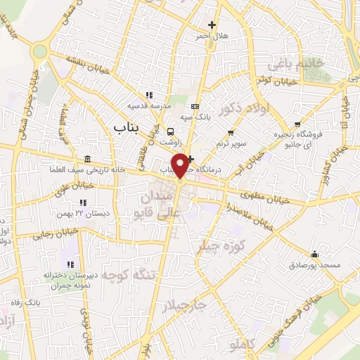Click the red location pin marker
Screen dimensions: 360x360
[181, 166]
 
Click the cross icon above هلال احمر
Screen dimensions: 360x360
[212, 25]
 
